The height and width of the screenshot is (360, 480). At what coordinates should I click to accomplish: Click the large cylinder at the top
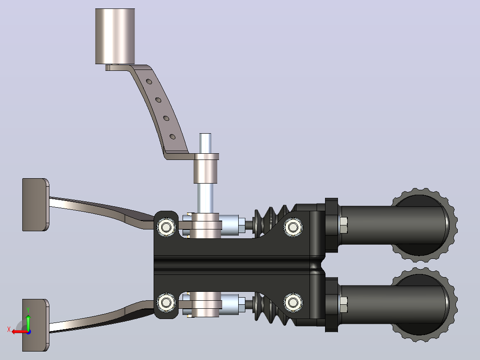(x=115, y=36)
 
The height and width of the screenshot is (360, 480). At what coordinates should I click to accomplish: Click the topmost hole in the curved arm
(x=149, y=82)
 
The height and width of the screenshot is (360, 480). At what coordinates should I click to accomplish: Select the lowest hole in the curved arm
(x=173, y=137)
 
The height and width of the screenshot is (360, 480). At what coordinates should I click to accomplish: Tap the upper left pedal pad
(x=36, y=205)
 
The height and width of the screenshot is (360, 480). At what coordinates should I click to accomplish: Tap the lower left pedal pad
(x=36, y=325)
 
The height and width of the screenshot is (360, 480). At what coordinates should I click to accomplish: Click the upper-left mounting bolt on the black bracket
(x=166, y=227)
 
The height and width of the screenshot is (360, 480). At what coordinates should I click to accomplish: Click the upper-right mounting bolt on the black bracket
(x=293, y=227)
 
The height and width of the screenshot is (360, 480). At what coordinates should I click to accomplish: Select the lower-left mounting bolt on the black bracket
(x=166, y=303)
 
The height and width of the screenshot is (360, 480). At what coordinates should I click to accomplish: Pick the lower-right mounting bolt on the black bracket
(x=293, y=303)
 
